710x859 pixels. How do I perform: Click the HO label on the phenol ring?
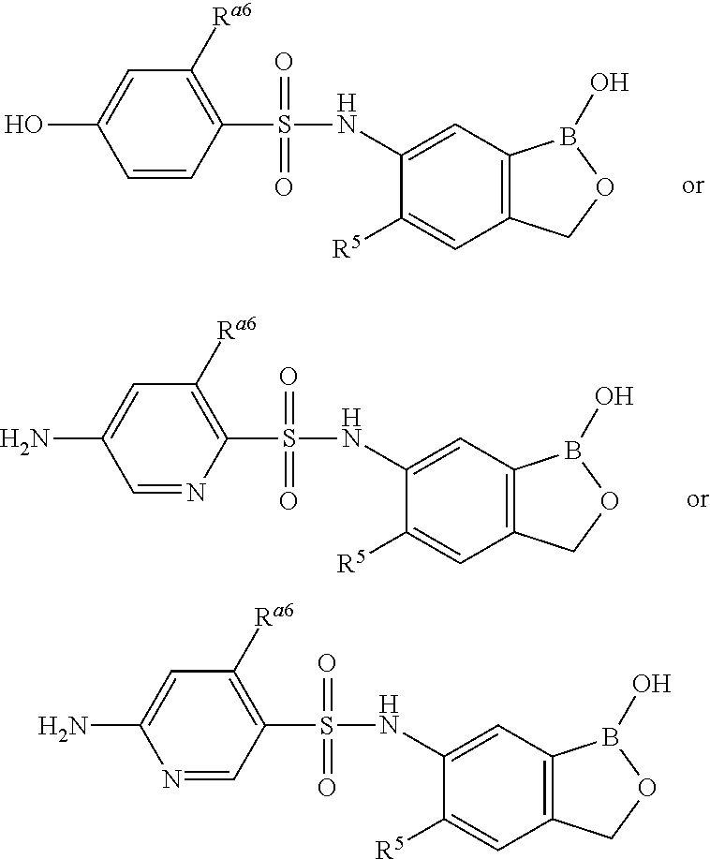pos(25,125)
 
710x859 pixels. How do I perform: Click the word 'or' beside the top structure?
pos(692,185)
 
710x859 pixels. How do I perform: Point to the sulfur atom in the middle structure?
pos(288,438)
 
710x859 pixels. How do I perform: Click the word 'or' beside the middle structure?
pos(697,499)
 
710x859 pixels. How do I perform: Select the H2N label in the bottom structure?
pos(63,725)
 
